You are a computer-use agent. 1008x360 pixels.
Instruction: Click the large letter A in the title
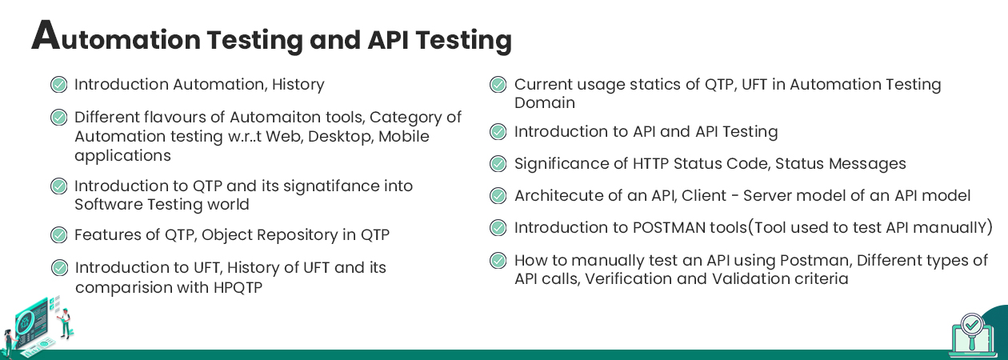46,35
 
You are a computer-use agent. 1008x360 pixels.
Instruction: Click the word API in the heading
388,40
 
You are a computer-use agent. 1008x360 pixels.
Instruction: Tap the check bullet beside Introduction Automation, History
58,84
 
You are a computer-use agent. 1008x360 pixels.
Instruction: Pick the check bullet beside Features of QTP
58,234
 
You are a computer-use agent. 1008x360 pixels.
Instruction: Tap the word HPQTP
238,287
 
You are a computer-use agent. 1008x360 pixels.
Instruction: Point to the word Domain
545,103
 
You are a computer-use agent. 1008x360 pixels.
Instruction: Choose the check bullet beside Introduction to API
498,131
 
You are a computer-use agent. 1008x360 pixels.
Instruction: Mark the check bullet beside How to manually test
498,261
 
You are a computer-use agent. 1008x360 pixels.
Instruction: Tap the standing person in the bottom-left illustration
66,323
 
